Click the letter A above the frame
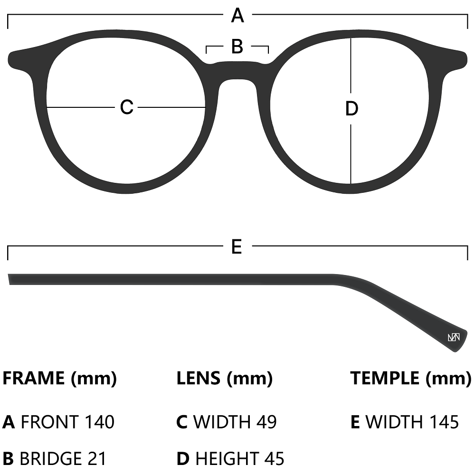(x=237, y=16)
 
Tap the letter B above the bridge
(x=237, y=47)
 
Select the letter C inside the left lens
(x=126, y=107)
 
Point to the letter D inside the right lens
(x=351, y=109)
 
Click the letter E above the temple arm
(x=237, y=246)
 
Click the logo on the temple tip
(x=454, y=337)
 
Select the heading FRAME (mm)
(x=60, y=379)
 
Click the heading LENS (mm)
(x=224, y=379)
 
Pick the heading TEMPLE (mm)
(x=410, y=379)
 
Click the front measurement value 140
(x=100, y=422)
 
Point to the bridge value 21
(x=97, y=459)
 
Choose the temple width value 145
(x=444, y=422)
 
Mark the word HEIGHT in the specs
(x=226, y=459)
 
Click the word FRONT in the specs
(x=50, y=422)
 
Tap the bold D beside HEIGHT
(x=183, y=459)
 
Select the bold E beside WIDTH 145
(x=355, y=422)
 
